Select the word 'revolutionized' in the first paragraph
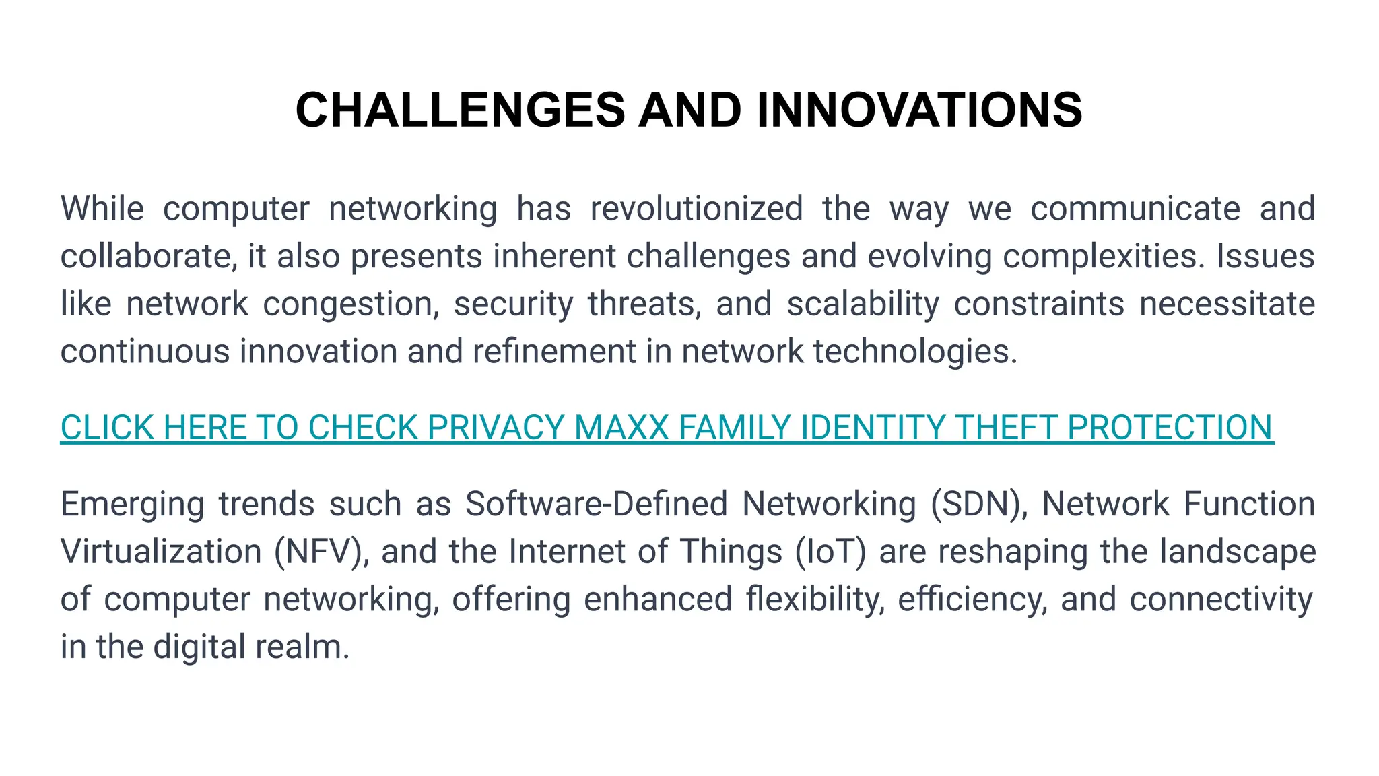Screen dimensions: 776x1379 696,209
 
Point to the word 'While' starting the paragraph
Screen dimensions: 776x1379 102,209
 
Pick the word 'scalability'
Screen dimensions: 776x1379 863,304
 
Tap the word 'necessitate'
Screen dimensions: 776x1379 1227,304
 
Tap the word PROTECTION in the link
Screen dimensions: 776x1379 1170,428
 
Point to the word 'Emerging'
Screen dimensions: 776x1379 133,505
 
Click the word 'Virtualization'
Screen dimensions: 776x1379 161,552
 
